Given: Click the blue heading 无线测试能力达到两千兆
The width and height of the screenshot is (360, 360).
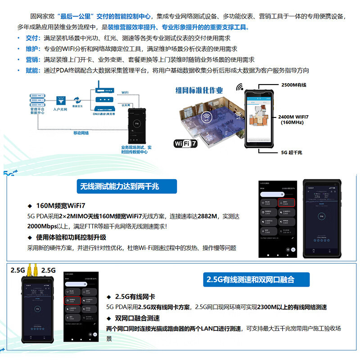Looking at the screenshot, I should click(x=120, y=185).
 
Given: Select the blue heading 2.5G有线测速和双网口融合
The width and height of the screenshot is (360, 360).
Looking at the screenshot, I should click(x=250, y=279).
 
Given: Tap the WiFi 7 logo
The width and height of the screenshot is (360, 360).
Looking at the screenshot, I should click(x=185, y=144).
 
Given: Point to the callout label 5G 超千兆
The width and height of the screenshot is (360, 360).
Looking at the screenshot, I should click(x=292, y=153).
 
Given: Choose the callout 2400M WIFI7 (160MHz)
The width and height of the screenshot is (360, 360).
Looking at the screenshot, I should click(x=293, y=119).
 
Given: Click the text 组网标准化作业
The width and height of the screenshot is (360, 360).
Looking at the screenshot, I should click(x=199, y=90).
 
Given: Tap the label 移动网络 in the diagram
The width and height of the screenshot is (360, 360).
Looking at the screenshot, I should click(x=81, y=133).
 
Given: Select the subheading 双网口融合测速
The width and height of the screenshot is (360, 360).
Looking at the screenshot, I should click(x=138, y=318).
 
